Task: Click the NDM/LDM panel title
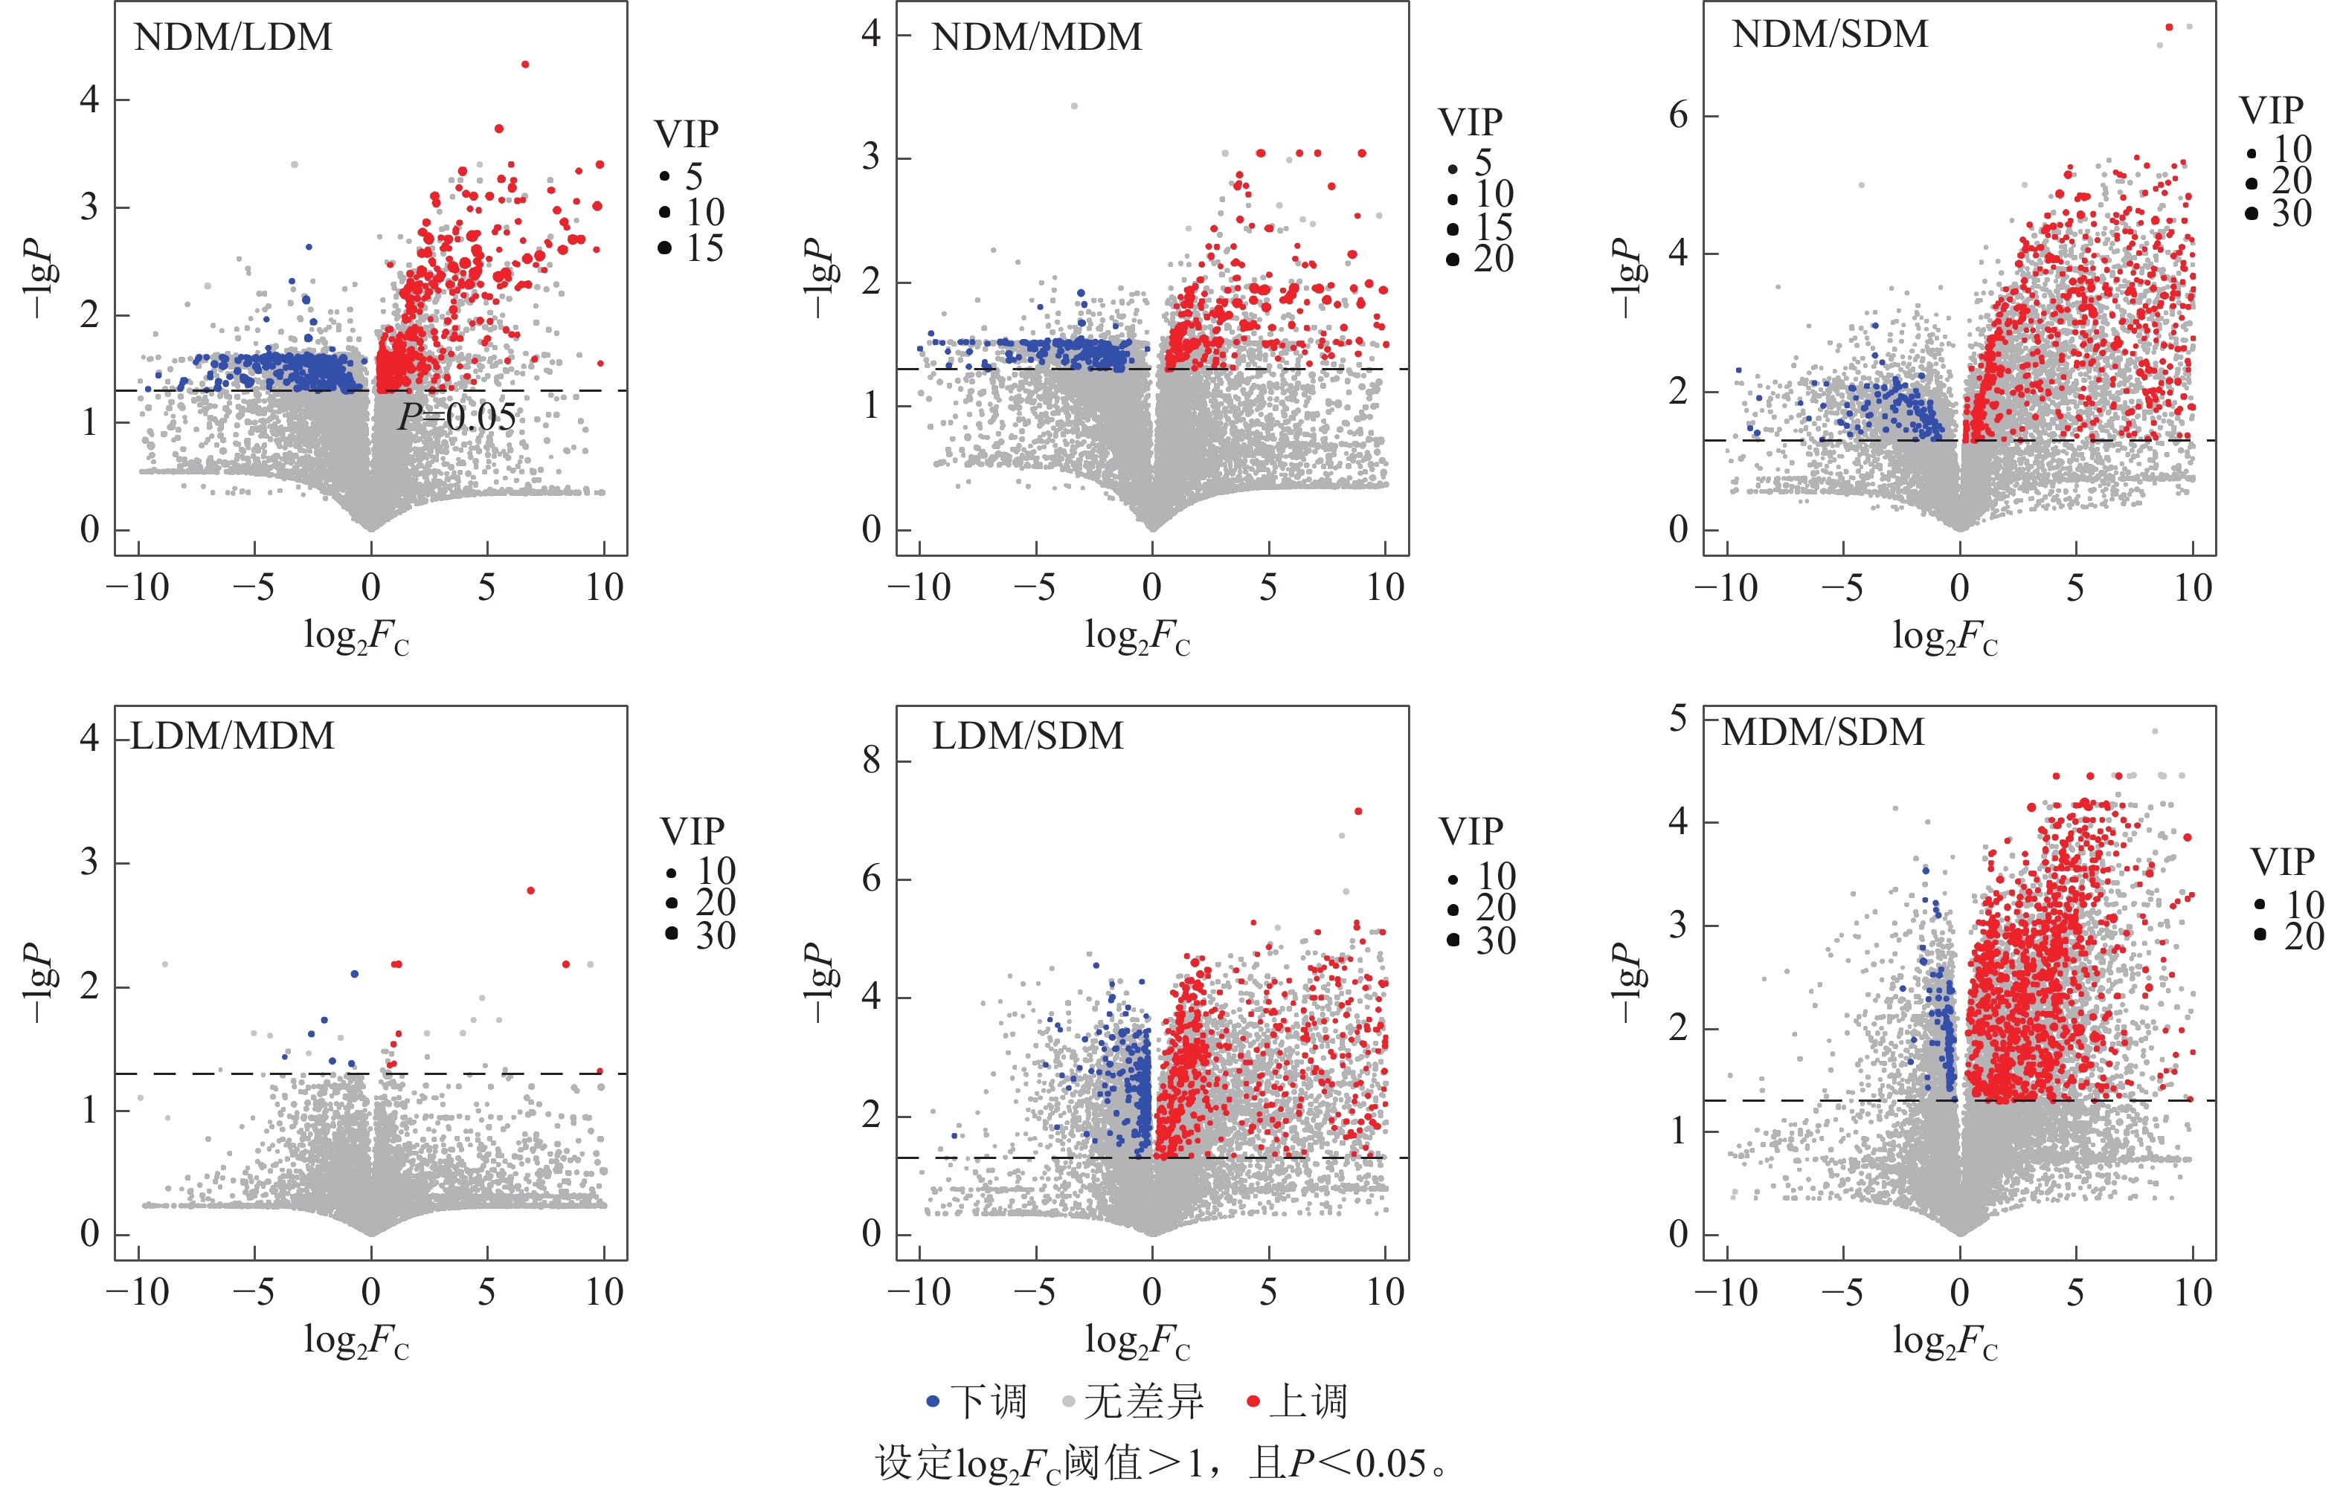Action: pos(234,38)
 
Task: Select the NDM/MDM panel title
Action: pos(1036,38)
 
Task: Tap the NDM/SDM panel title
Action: pos(1829,35)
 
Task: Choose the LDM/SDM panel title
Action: pos(1027,736)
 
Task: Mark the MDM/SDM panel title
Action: pos(1822,732)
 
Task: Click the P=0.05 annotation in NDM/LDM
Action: pos(457,417)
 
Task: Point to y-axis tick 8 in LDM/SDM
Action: pos(872,761)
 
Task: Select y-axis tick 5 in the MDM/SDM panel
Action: pos(1679,719)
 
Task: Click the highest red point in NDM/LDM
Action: pos(525,64)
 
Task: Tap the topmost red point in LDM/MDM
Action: pos(530,890)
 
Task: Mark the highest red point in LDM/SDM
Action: pos(1358,811)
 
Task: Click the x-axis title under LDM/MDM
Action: pos(356,1343)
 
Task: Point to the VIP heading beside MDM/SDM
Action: pos(2282,862)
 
